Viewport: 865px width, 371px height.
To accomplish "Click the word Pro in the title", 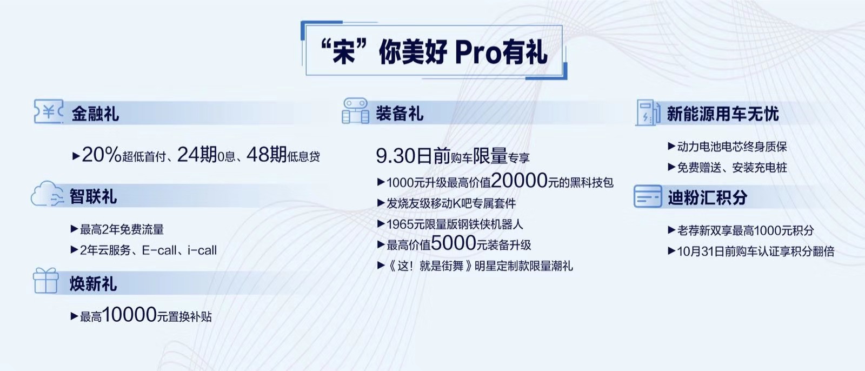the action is point(478,52).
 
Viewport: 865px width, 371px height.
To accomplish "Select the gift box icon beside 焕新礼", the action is point(46,281).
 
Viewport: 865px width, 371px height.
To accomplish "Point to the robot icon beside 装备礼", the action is point(355,111).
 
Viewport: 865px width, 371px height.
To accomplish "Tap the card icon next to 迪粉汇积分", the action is point(648,196).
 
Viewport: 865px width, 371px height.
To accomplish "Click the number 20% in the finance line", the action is point(102,155).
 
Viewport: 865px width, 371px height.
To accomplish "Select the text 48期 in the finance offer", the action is point(267,155).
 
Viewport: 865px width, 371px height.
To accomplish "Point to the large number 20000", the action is point(520,180).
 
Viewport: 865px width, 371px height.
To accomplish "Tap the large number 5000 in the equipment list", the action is point(454,243).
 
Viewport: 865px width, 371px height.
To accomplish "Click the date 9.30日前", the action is point(414,156).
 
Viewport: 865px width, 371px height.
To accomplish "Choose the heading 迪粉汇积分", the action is point(708,197).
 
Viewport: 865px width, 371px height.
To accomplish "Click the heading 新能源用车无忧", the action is point(722,114).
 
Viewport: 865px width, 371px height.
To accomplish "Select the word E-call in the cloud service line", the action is point(159,250).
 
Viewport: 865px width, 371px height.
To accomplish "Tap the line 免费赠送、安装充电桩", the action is point(732,167).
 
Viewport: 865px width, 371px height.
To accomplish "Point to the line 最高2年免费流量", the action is point(122,229).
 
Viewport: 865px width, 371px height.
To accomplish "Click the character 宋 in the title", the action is point(344,52).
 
